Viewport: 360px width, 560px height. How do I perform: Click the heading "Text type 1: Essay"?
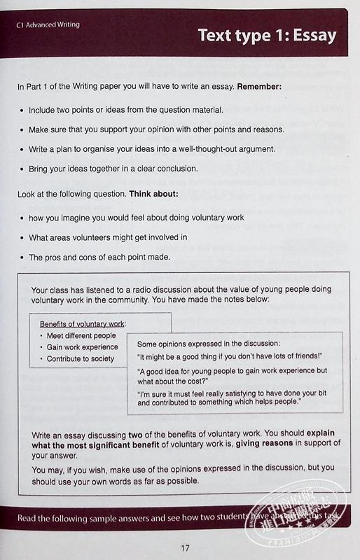[266, 35]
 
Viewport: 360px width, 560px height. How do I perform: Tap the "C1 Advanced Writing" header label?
[49, 24]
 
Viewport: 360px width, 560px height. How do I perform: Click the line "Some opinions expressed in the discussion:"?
[209, 344]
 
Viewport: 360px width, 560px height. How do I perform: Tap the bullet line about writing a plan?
[161, 149]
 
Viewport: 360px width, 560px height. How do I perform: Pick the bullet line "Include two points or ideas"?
[126, 110]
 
